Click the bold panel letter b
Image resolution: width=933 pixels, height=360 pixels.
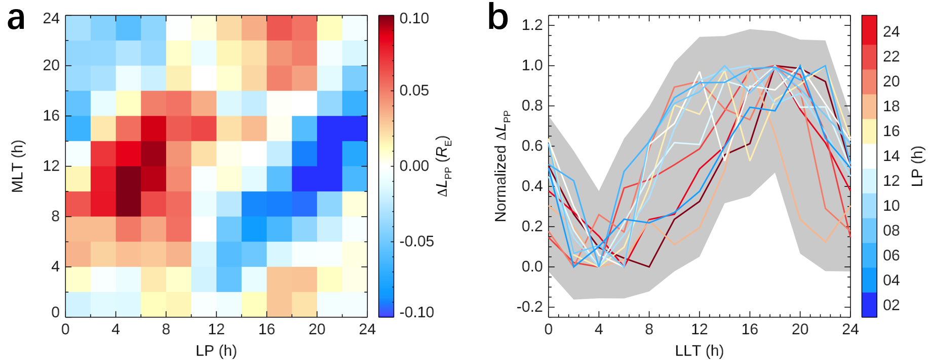coord(498,19)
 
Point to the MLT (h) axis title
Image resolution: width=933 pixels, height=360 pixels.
coord(18,166)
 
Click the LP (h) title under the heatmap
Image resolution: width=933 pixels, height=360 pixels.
coord(216,350)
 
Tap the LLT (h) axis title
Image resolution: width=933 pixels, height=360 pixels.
coord(699,350)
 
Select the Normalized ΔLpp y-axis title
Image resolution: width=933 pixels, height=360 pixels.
coord(502,167)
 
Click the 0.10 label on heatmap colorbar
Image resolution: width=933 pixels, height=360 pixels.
coord(414,19)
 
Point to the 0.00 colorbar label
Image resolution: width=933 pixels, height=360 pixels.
coord(414,166)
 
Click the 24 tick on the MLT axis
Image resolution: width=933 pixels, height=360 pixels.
coord(51,19)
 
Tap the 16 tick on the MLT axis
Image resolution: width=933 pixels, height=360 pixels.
coord(51,116)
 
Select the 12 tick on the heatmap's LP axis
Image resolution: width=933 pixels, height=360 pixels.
coord(216,330)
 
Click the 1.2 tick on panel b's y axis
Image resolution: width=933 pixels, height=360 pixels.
coord(532,25)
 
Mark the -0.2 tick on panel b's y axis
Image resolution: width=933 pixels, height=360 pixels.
coord(530,307)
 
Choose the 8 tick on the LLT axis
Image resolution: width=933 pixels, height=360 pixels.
coord(649,330)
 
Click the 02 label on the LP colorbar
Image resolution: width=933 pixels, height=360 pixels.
coord(891,305)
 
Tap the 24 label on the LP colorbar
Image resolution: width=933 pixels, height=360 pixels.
coord(891,31)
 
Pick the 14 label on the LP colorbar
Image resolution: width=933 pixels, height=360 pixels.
coord(891,155)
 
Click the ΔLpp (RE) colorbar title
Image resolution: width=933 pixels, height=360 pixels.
coord(445,166)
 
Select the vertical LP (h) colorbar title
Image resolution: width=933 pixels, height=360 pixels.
coord(917,167)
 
